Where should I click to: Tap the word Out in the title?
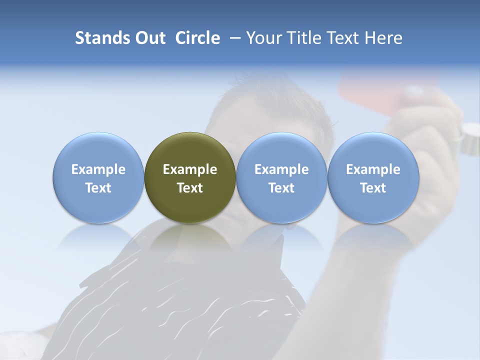tap(149, 38)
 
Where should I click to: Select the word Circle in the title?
tap(197, 38)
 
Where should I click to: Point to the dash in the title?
tap(233, 38)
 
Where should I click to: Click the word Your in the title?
tap(261, 38)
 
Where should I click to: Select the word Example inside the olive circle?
tap(190, 169)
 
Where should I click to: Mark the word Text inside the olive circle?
tap(190, 188)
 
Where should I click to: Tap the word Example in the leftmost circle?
tap(98, 169)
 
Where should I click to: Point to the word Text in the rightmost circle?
tap(373, 188)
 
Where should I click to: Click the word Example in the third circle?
tap(281, 169)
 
